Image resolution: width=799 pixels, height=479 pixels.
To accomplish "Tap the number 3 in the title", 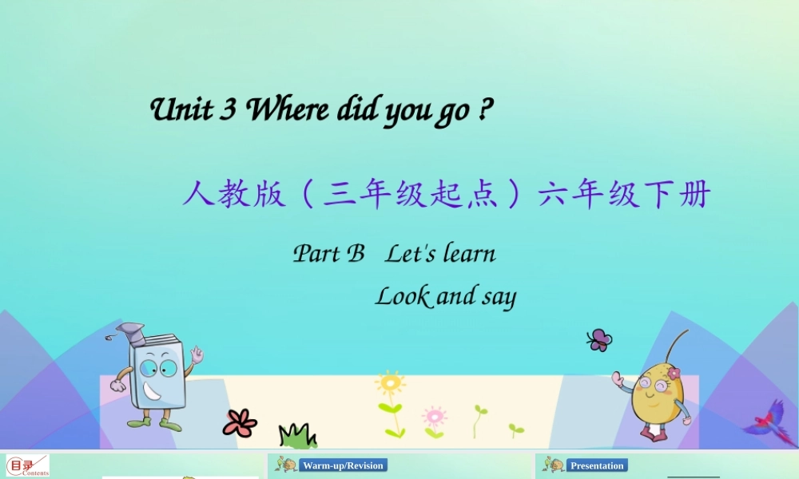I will point(229,110).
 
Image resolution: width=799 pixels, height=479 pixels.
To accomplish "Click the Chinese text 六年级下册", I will point(624,194).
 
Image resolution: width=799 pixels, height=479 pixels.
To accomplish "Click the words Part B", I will point(328,254).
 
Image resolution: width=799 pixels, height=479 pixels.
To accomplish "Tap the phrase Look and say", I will point(446,296).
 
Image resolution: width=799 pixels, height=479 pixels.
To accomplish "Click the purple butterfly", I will point(598,340).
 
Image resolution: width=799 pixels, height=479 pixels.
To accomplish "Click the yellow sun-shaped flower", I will point(390,384).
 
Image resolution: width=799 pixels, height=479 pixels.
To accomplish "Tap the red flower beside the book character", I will point(239,422).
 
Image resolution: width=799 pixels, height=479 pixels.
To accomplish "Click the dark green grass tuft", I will point(297,436).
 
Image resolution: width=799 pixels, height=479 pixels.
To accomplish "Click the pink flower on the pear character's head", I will point(674,373).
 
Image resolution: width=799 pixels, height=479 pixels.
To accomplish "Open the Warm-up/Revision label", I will point(343,465).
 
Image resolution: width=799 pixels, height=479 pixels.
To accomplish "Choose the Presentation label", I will point(597,465).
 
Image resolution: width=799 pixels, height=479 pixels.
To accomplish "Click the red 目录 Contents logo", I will point(27,465).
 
